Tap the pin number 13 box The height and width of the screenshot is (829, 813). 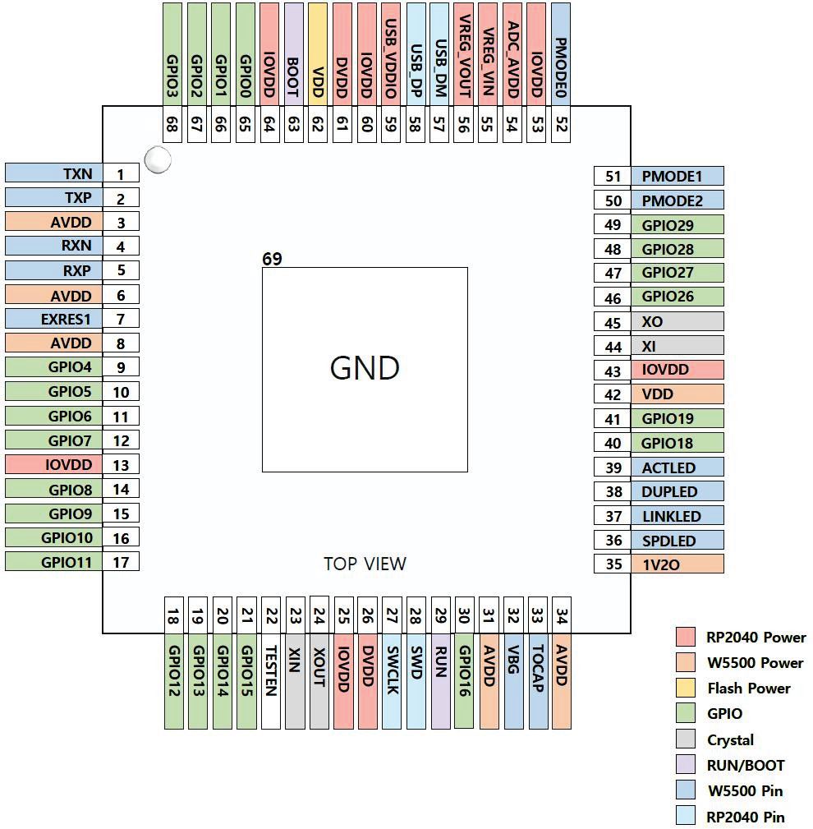pyautogui.click(x=122, y=465)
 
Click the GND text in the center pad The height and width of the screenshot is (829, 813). pyautogui.click(x=365, y=369)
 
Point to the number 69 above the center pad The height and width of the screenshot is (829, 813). pyautogui.click(x=272, y=260)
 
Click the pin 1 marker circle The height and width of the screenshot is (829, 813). pyautogui.click(x=157, y=160)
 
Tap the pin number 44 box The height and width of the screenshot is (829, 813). pyautogui.click(x=613, y=346)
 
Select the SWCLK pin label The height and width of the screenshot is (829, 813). pyautogui.click(x=392, y=683)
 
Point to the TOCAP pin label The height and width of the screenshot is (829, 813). pyautogui.click(x=538, y=683)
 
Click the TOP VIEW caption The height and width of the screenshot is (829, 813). pyautogui.click(x=365, y=564)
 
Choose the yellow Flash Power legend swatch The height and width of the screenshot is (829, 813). pyautogui.click(x=687, y=689)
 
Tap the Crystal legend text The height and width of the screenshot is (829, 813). pyautogui.click(x=730, y=740)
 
